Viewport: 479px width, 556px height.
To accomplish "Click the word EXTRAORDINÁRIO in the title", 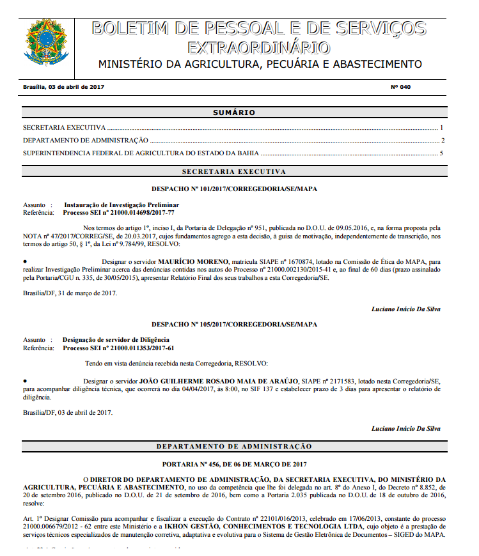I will (259, 48).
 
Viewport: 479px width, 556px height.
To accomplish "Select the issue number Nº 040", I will (400, 86).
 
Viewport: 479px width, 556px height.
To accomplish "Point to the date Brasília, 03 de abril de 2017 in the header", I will (63, 86).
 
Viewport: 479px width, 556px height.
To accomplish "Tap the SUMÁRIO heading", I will (233, 112).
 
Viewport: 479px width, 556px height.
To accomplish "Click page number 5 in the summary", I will (441, 153).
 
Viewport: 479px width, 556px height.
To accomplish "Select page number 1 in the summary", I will (441, 128).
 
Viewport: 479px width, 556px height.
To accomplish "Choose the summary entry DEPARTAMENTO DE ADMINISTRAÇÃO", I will (86, 141).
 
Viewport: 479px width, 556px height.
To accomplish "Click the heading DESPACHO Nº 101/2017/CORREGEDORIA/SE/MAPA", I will (234, 189).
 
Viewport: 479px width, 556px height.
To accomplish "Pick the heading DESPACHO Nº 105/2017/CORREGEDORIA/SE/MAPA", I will (234, 324).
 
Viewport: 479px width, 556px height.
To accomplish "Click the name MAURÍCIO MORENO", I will (193, 262).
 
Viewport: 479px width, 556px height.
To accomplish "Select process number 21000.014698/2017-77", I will (141, 212).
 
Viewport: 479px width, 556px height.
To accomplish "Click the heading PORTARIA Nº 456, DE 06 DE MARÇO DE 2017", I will (234, 463).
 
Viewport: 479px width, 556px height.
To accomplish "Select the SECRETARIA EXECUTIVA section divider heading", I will (233, 172).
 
